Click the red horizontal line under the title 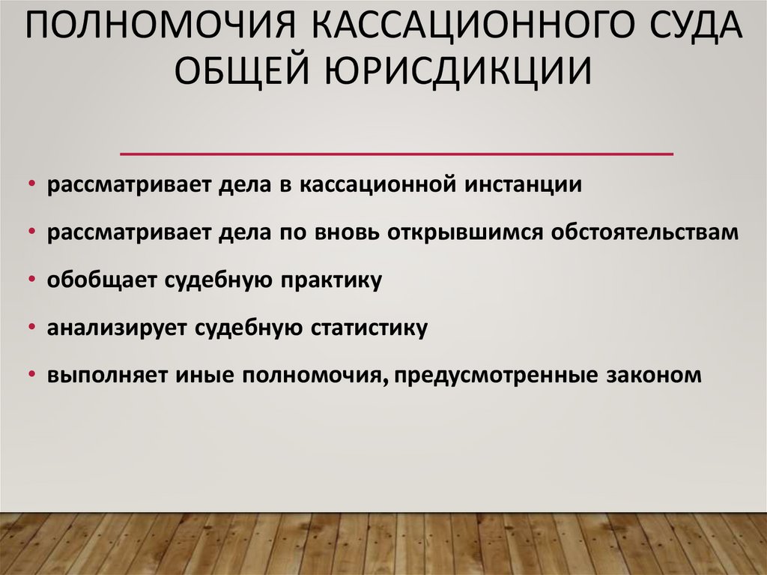pyautogui.click(x=397, y=154)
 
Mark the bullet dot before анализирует pyautogui.click(x=34, y=328)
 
